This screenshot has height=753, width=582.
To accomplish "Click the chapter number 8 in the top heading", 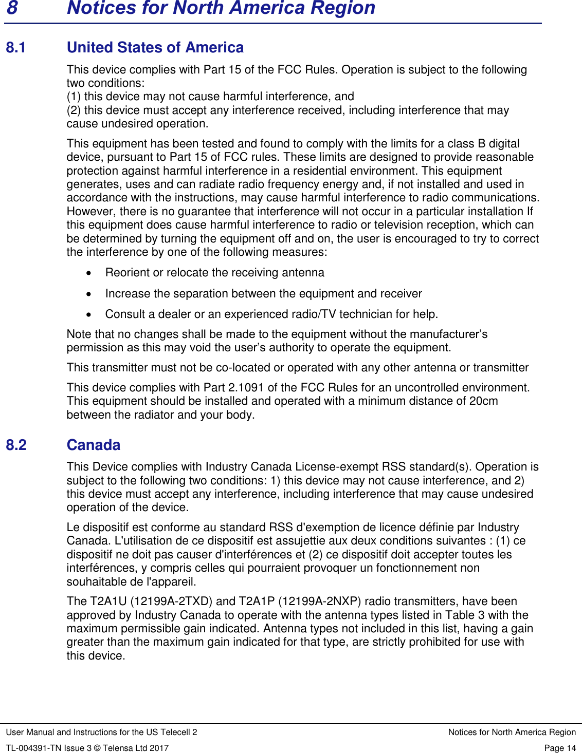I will click(12, 8).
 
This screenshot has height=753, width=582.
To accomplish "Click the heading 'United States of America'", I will click(155, 47).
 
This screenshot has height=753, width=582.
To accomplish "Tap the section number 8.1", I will click(16, 48).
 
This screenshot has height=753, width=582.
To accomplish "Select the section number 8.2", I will click(16, 445).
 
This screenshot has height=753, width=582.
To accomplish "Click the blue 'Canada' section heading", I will click(94, 445).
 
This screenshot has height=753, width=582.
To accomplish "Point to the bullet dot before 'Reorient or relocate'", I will click(89, 273).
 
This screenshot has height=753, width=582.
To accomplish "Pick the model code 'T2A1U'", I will click(108, 601).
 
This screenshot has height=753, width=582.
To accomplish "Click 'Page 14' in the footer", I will click(560, 748).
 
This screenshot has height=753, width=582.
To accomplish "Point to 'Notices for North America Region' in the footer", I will click(512, 732).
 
